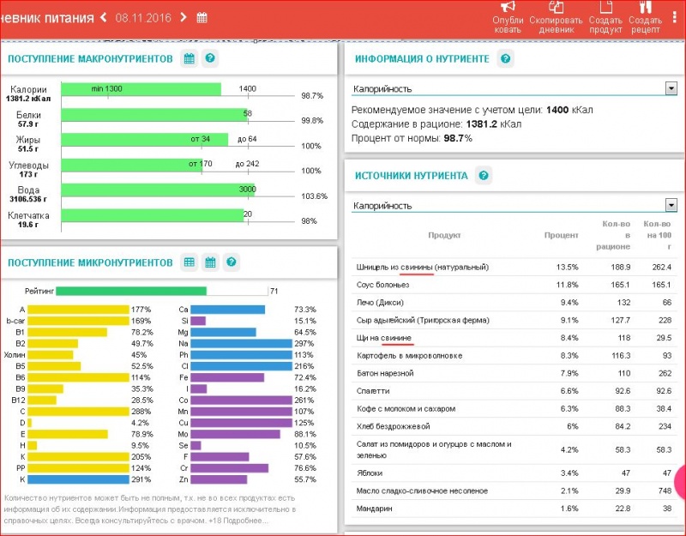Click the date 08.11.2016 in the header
tap(142, 17)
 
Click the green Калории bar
tap(141, 89)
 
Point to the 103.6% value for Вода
tap(314, 196)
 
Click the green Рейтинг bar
tap(130, 291)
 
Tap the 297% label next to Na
tap(304, 343)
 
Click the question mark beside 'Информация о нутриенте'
tap(506, 58)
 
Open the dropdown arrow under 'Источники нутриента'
tap(671, 206)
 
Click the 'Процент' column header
tap(561, 235)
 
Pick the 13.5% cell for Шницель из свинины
tap(567, 267)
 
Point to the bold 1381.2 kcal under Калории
tap(29, 99)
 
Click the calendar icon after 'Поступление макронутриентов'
tap(189, 58)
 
